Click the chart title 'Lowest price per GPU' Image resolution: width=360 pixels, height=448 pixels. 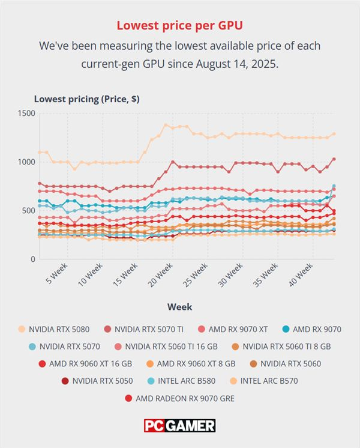pos(179,25)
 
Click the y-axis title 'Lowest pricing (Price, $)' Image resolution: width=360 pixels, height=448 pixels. pos(87,99)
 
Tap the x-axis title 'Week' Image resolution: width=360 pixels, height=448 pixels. pos(179,307)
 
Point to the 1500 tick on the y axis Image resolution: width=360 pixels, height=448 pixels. pos(26,114)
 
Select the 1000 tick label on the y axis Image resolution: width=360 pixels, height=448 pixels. pos(26,162)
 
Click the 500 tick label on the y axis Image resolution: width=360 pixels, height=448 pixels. pos(29,211)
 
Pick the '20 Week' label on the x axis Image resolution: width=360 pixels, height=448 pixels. pos(161,275)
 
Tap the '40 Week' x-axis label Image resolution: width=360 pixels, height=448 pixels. pos(301,275)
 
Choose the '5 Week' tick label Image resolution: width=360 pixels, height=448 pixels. pos(57,273)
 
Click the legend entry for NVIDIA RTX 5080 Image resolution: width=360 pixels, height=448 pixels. pos(53,330)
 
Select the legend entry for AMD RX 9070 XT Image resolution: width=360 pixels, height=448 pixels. pos(233,330)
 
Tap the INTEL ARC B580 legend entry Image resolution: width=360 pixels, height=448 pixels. pos(181,381)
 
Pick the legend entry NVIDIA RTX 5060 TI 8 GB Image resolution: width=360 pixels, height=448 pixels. pos(281,347)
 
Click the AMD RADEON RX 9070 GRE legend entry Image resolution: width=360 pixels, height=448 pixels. pos(180,398)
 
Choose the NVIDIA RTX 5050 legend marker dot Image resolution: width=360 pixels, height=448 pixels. pos(65,381)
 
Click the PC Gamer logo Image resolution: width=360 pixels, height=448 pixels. pos(179,426)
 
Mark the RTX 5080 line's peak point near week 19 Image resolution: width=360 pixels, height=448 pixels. pos(166,125)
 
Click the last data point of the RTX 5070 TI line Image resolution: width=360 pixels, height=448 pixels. pos(334,159)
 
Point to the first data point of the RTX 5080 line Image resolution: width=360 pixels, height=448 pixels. pos(40,152)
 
